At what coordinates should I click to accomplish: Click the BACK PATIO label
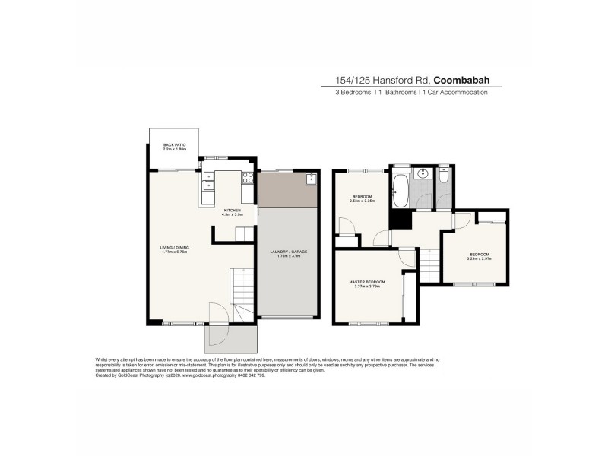[x=174, y=147]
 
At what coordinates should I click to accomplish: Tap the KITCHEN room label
[x=232, y=212]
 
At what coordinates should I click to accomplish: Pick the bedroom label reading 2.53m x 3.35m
[x=362, y=198]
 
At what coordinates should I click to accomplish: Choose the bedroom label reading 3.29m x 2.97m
[x=480, y=256]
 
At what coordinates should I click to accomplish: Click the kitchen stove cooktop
[x=247, y=179]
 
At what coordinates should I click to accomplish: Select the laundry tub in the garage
[x=312, y=179]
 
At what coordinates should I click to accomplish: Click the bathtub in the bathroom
[x=401, y=188]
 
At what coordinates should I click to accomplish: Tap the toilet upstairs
[x=445, y=174]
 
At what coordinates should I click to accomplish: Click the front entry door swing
[x=218, y=313]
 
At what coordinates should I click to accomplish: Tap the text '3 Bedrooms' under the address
[x=354, y=93]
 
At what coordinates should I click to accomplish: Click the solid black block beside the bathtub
[x=397, y=218]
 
